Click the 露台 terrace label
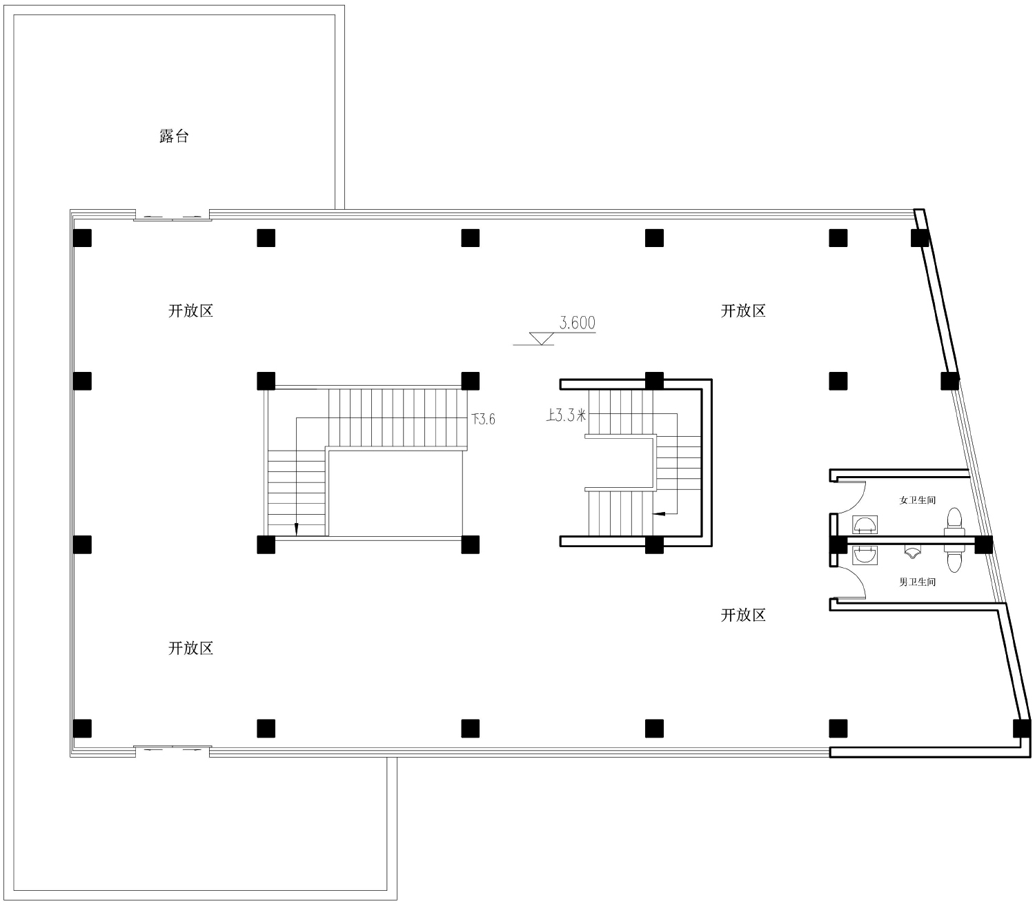(173, 136)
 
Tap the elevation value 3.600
(578, 323)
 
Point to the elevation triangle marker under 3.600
(541, 338)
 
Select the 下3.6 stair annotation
(484, 419)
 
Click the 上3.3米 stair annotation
(566, 415)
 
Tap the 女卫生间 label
(917, 500)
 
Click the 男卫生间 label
(917, 582)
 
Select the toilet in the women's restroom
(954, 521)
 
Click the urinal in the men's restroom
(912, 553)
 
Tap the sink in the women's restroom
(865, 525)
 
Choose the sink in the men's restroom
(865, 555)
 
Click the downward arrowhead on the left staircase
(297, 529)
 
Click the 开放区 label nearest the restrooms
(743, 615)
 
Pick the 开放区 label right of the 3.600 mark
(743, 311)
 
